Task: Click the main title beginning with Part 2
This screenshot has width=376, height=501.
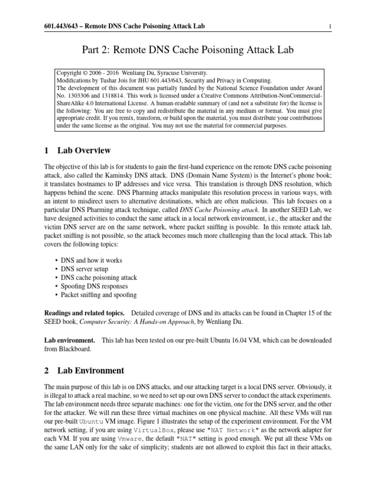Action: (188, 49)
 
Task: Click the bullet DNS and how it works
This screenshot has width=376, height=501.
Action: (92, 260)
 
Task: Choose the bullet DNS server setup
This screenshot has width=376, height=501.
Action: (85, 269)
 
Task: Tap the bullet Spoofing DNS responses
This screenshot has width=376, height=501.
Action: (94, 286)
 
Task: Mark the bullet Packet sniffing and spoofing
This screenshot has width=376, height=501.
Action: (99, 295)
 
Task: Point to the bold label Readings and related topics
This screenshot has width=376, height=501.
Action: (84, 313)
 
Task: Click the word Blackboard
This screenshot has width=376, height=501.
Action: (74, 349)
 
